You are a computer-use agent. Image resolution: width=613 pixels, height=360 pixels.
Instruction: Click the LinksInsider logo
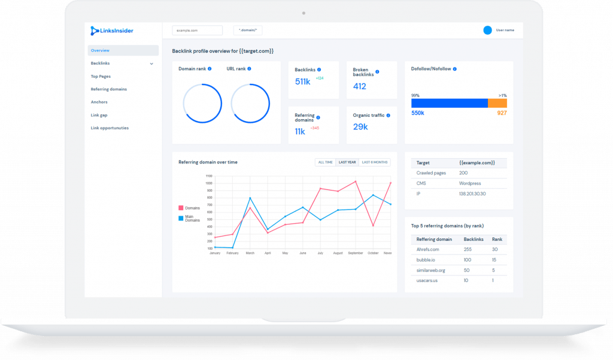click(111, 30)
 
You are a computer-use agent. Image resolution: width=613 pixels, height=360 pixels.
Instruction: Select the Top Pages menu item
click(101, 76)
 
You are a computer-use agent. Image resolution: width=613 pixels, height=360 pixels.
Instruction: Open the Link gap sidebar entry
click(99, 115)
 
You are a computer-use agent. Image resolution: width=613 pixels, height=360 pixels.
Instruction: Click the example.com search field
click(197, 30)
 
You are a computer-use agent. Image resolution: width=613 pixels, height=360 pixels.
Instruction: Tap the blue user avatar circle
click(487, 30)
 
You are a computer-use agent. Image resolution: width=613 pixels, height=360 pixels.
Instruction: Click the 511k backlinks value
click(303, 81)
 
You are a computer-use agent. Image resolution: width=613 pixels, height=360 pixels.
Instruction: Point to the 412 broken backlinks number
click(359, 86)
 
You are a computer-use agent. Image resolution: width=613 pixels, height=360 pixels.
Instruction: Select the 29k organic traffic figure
click(360, 126)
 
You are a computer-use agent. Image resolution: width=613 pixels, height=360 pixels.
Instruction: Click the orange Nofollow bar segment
click(497, 103)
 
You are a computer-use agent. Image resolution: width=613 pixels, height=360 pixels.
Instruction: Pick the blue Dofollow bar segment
click(449, 103)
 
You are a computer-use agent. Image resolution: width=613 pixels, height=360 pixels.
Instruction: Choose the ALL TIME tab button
click(325, 162)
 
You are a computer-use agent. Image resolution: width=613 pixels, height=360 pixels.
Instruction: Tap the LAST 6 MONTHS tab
click(374, 162)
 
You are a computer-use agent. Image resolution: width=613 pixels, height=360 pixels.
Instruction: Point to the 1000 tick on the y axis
click(209, 184)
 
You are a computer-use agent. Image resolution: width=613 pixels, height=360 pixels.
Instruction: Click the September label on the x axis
click(355, 253)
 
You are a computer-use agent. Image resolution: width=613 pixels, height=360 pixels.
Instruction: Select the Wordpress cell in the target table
click(470, 183)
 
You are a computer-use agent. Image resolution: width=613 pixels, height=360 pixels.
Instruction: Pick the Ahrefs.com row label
click(428, 249)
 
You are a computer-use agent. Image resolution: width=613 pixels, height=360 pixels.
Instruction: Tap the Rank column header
click(497, 239)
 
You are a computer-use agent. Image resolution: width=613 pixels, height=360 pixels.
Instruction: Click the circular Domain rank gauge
click(202, 103)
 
